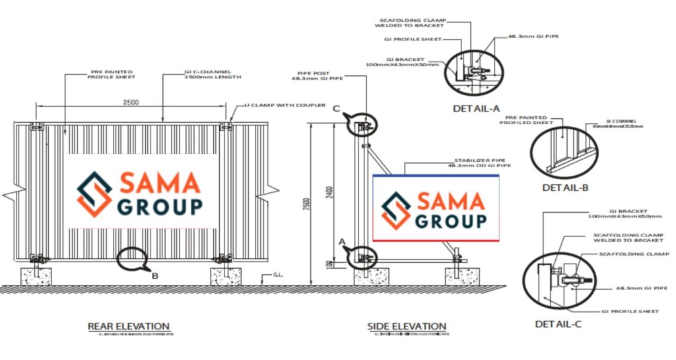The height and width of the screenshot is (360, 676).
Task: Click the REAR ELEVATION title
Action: pyautogui.click(x=129, y=326)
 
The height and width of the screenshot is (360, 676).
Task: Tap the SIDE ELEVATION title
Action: pyautogui.click(x=407, y=326)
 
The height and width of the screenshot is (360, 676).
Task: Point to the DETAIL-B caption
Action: pyautogui.click(x=565, y=188)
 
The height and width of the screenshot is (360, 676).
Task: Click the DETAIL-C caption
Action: pyautogui.click(x=559, y=324)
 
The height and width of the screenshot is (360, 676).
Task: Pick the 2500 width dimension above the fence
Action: pyautogui.click(x=131, y=103)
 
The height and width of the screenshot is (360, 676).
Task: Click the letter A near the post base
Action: pyautogui.click(x=342, y=242)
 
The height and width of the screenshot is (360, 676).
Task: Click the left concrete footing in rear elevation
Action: pyautogui.click(x=36, y=275)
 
